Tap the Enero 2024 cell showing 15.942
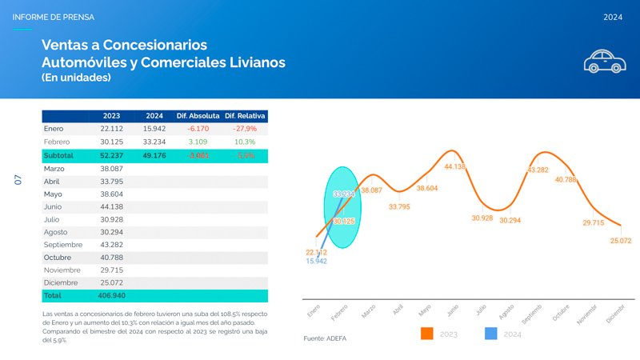[154, 129]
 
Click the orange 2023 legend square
[427, 334]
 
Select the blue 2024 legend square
[491, 334]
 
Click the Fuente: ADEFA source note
[325, 339]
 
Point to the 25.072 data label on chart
[620, 240]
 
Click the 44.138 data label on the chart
[454, 166]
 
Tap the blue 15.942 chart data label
[316, 261]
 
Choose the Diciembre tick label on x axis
[614, 314]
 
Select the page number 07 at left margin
[18, 181]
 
